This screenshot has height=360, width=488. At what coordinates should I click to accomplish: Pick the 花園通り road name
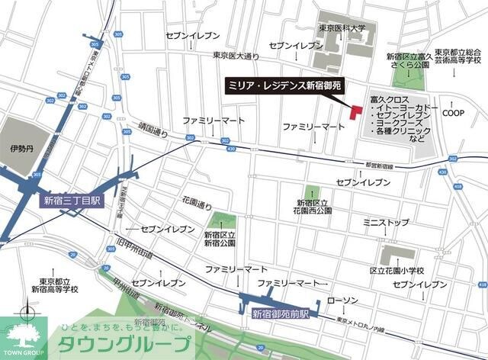[196, 205]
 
